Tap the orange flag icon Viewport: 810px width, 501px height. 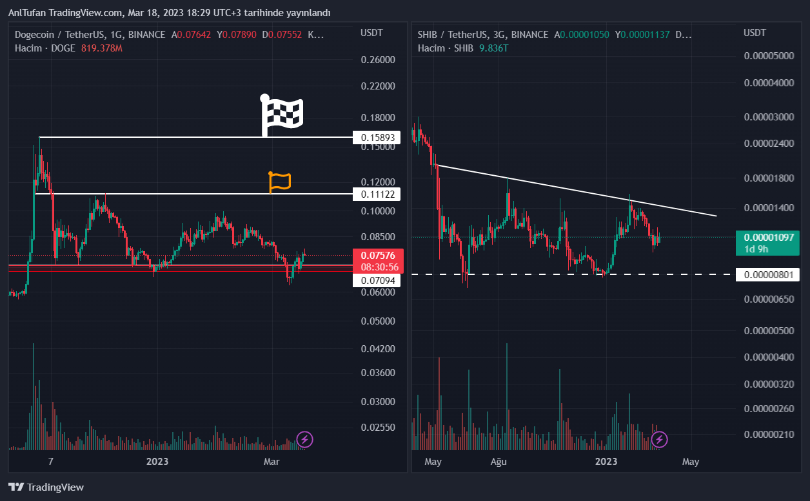click(280, 182)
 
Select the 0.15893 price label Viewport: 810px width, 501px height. click(377, 138)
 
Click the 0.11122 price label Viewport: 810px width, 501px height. click(377, 194)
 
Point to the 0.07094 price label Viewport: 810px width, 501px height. click(377, 281)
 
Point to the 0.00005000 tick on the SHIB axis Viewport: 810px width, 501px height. click(769, 56)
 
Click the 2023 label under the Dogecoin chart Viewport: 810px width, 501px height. click(157, 461)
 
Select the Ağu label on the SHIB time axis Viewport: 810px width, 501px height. click(499, 461)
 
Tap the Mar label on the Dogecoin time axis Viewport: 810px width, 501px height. click(272, 461)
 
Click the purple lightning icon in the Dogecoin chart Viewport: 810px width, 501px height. click(304, 440)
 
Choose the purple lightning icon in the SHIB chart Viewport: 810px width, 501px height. click(659, 440)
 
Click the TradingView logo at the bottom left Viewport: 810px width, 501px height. click(46, 487)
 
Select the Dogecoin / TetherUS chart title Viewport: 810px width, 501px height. click(60, 35)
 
